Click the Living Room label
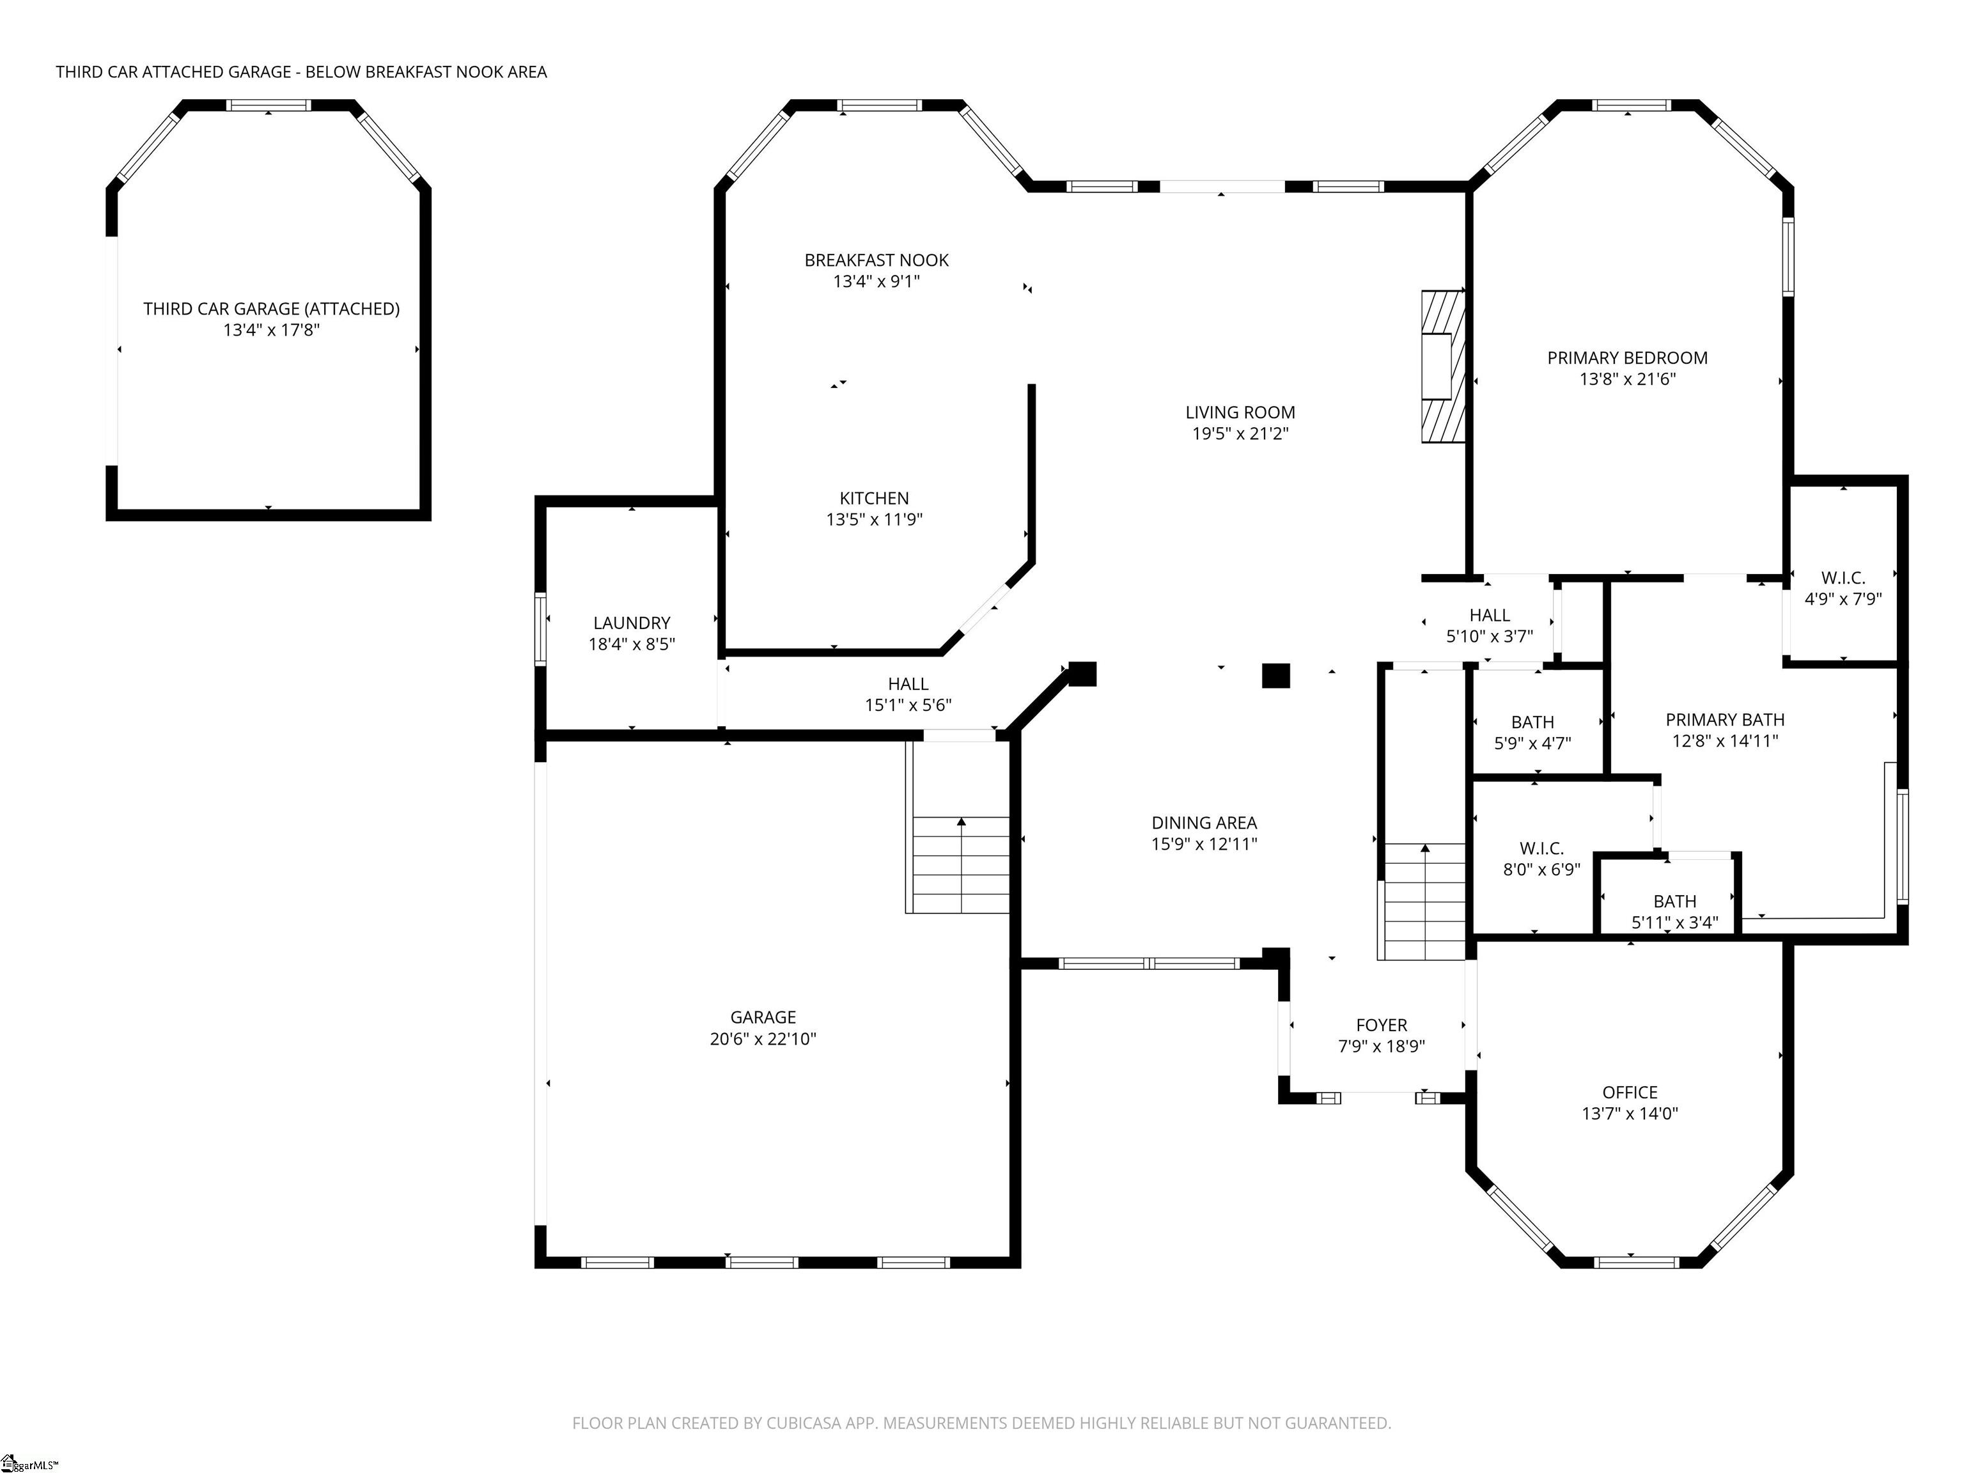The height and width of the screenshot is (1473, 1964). click(1240, 412)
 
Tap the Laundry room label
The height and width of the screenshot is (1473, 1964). click(631, 623)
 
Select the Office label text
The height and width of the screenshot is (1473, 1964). click(1629, 1092)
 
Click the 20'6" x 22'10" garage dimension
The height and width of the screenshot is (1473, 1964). click(763, 1039)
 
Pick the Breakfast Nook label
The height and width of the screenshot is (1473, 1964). click(877, 260)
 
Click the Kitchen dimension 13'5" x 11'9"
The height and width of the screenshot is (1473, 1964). click(874, 519)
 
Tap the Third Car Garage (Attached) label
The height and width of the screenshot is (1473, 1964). click(271, 309)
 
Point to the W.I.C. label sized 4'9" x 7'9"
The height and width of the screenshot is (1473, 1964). click(1843, 578)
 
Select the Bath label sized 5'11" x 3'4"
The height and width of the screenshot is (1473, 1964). click(1674, 901)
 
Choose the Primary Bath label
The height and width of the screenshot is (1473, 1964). click(1724, 720)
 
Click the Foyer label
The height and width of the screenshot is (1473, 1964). click(1382, 1025)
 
